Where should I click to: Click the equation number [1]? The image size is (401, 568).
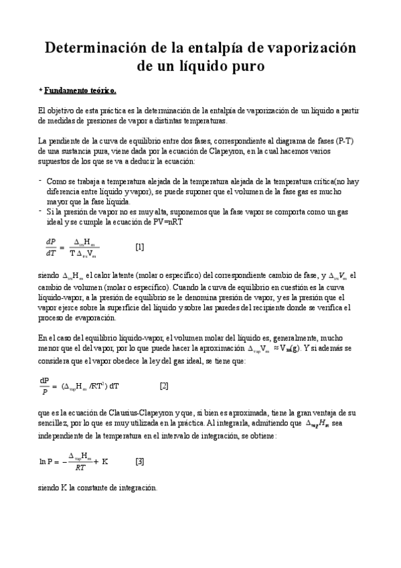click(x=139, y=246)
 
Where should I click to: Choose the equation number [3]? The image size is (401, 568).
click(x=139, y=461)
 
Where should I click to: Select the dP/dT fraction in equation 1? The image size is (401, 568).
click(x=51, y=246)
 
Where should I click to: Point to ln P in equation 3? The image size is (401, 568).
click(x=48, y=461)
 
